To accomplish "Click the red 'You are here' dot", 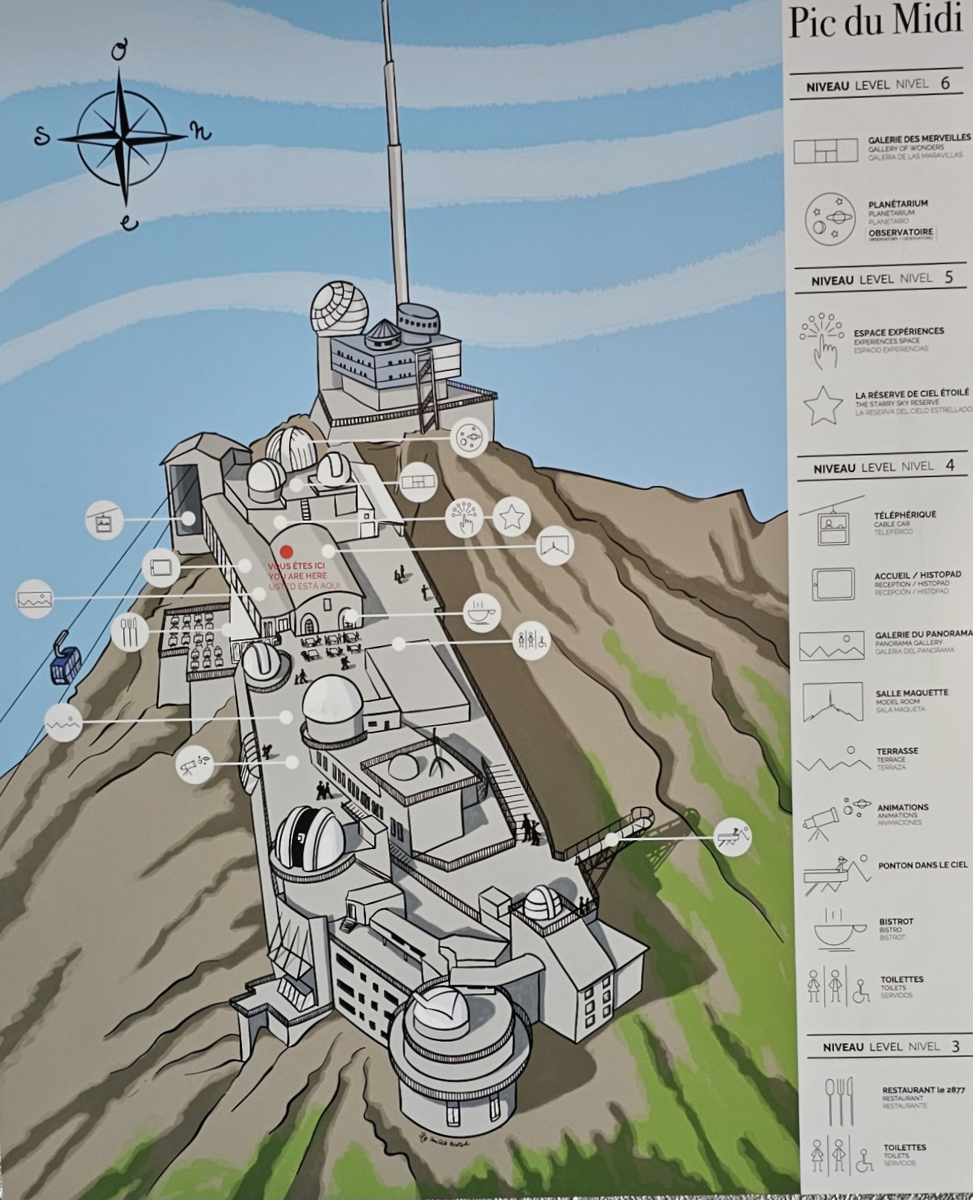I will tap(287, 551).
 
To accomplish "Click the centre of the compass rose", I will tap(122, 137).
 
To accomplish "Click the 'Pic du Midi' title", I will tap(874, 22).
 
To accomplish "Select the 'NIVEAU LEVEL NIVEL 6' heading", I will tap(877, 84).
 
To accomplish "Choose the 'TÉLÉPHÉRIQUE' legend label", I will tap(904, 514).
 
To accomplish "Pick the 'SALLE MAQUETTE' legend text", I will tap(911, 693).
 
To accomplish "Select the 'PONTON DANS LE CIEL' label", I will tap(922, 865).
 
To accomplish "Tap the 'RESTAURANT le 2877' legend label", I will tap(923, 1090).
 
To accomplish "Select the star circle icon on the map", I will tap(512, 516).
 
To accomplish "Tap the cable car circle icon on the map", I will tap(104, 520).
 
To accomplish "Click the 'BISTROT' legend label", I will tap(896, 921).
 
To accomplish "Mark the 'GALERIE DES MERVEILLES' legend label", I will tap(918, 139).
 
